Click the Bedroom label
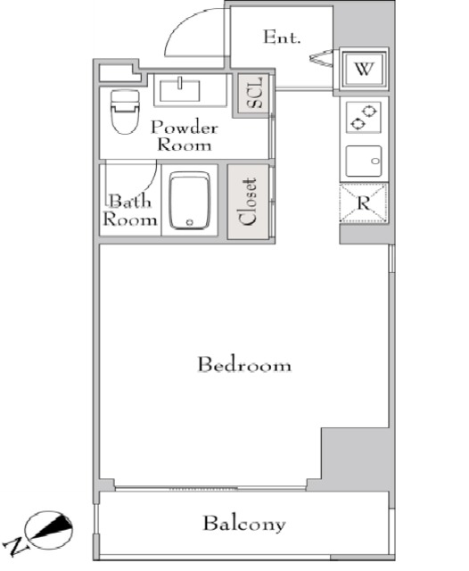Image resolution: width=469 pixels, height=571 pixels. [x=244, y=365]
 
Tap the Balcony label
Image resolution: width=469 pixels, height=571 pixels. [x=244, y=524]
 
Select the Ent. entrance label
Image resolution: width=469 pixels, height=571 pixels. [x=282, y=37]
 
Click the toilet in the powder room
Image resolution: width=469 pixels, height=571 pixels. [x=125, y=112]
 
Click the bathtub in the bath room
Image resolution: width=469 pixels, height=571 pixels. [x=190, y=200]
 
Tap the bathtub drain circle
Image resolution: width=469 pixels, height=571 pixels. [x=189, y=222]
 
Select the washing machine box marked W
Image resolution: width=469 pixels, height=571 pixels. [x=364, y=69]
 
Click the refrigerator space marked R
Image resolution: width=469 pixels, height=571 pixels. [x=363, y=203]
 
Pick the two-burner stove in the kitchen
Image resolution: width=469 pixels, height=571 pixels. [x=364, y=117]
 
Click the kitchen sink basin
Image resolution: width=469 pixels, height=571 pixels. [x=364, y=161]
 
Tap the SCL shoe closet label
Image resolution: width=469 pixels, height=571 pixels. [x=254, y=93]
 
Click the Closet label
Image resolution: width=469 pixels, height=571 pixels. [x=248, y=202]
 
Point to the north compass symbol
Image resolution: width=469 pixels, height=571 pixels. [x=48, y=529]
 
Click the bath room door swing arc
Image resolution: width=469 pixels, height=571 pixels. [x=150, y=180]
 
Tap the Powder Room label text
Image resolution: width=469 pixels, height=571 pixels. [x=185, y=136]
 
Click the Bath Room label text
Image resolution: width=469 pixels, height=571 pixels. [x=130, y=211]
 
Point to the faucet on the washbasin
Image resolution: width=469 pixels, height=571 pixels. [x=180, y=83]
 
